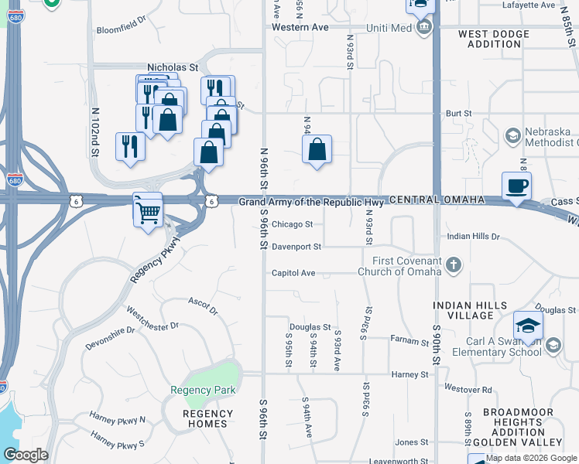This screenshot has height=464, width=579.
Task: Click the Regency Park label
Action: tap(203, 391)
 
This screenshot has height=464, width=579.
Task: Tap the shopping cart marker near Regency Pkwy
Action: tap(148, 210)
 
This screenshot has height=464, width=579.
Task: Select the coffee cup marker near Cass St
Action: tap(516, 186)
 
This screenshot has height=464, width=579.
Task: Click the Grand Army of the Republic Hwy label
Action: tap(311, 201)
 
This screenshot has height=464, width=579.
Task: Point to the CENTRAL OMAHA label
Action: tap(437, 200)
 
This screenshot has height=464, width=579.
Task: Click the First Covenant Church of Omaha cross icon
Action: tap(454, 267)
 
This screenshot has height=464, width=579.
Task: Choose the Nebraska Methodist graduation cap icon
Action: tap(512, 137)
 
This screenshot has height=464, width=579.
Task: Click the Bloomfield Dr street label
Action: tap(121, 31)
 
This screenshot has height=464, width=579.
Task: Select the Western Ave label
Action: tap(301, 27)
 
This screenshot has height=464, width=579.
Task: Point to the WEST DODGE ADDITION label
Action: tap(494, 39)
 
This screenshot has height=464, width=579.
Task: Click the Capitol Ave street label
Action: tap(293, 273)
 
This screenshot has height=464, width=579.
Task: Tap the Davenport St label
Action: tap(296, 247)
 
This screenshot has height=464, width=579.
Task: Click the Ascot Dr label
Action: tap(204, 305)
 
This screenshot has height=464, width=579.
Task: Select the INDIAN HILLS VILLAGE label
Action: tap(470, 311)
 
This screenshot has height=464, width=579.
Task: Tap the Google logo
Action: tap(26, 455)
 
